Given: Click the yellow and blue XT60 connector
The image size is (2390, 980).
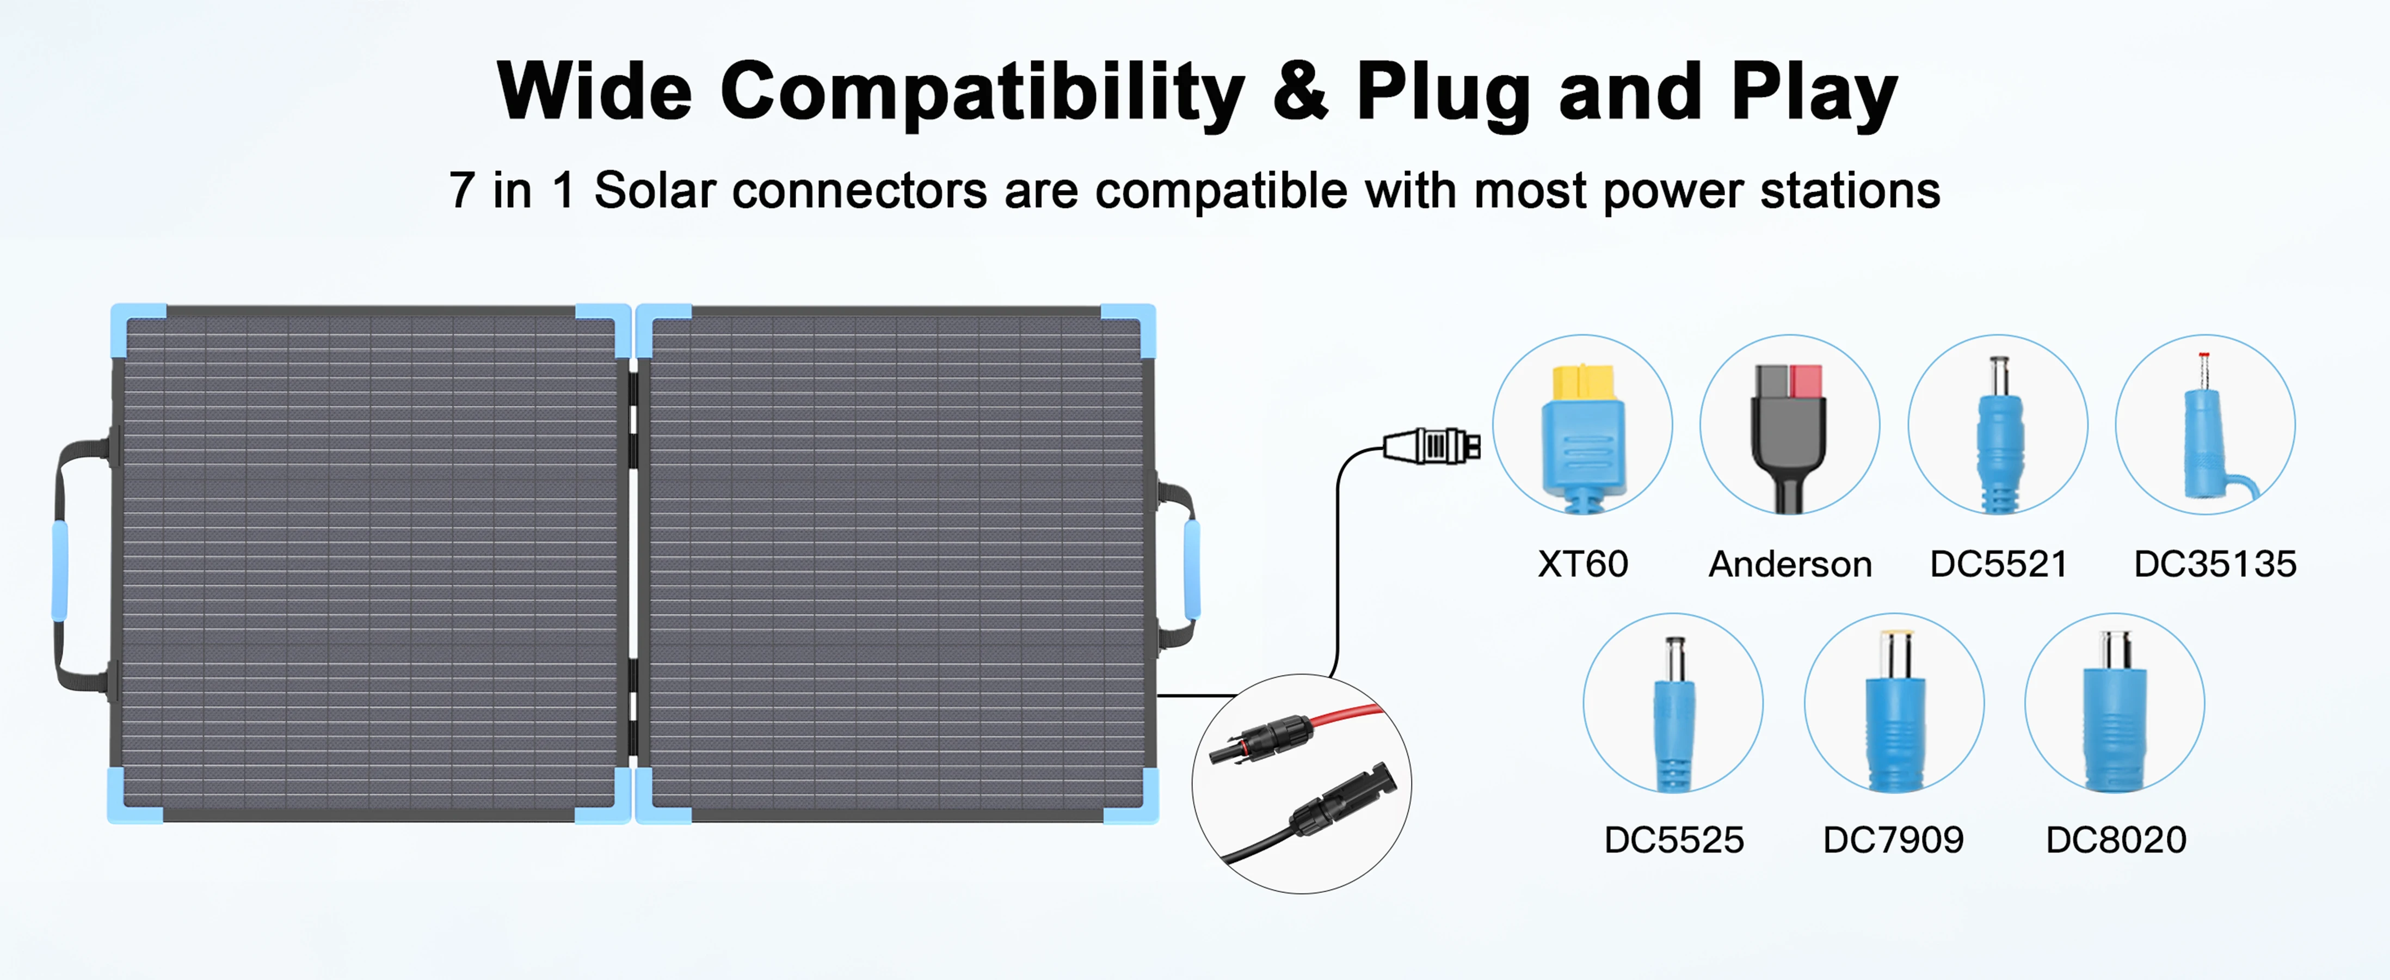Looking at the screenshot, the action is (x=1583, y=436).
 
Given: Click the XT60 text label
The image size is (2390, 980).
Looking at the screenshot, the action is (x=1583, y=564).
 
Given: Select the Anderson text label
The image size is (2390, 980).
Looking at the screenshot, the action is (x=1790, y=564).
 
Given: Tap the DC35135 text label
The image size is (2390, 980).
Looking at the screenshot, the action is (x=2215, y=564).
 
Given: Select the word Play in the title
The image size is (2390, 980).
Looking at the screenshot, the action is (x=1814, y=93).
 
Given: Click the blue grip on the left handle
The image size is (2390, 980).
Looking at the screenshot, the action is (x=59, y=570).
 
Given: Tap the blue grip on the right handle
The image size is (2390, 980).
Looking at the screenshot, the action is (x=1192, y=568).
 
